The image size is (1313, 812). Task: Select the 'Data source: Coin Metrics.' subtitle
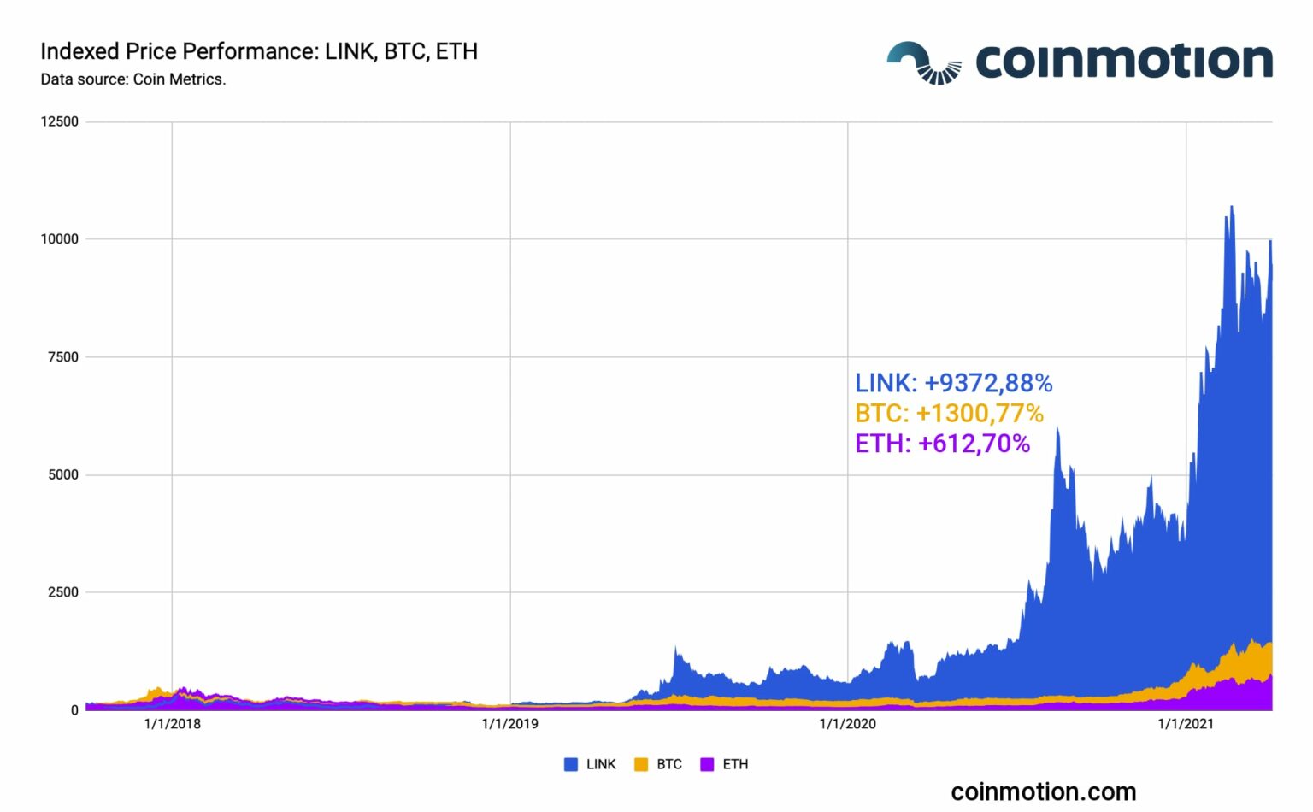(133, 79)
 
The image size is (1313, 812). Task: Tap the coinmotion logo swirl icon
(923, 62)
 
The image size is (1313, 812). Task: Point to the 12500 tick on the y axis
(60, 121)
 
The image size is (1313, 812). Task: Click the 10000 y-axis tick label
(60, 239)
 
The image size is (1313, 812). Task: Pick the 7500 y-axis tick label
(63, 357)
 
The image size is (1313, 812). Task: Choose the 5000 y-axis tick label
(63, 474)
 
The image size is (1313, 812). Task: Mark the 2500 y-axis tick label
(63, 592)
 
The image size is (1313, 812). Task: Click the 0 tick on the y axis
(75, 710)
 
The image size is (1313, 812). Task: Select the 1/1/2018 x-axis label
(172, 724)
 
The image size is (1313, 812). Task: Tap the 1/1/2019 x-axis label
(510, 724)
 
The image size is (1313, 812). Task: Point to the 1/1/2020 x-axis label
(848, 724)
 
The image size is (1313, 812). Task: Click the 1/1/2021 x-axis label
(1186, 724)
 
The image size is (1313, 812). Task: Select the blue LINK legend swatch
(571, 764)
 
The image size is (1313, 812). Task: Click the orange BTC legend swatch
(641, 764)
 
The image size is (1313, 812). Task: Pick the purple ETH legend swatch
(707, 764)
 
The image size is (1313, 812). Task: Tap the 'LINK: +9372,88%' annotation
(953, 383)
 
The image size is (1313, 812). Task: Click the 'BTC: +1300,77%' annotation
(949, 414)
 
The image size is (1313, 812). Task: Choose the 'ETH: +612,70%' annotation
(942, 444)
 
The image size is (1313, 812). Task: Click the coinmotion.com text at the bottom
(1043, 791)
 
